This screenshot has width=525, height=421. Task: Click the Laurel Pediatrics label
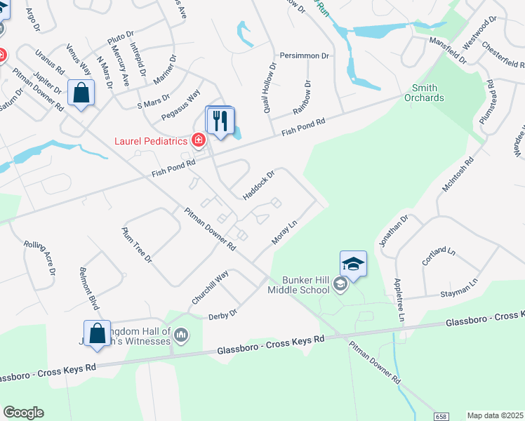pyautogui.click(x=151, y=141)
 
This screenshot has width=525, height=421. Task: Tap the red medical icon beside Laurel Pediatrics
pyautogui.click(x=199, y=141)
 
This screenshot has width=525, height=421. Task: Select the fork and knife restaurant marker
pyautogui.click(x=220, y=121)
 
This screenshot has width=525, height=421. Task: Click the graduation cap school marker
pyautogui.click(x=354, y=264)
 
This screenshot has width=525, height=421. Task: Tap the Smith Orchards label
pyautogui.click(x=424, y=93)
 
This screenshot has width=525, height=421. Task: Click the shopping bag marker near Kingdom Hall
pyautogui.click(x=97, y=333)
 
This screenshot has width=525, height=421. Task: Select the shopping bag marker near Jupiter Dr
pyautogui.click(x=81, y=93)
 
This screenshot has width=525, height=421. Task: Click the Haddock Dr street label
pyautogui.click(x=258, y=185)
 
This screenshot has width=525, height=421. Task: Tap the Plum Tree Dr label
pyautogui.click(x=137, y=244)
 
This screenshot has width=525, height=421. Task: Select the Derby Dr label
pyautogui.click(x=223, y=314)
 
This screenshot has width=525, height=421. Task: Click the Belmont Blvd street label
pyautogui.click(x=88, y=290)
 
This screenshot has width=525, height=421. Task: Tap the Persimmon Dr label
pyautogui.click(x=304, y=55)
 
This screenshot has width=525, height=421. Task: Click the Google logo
pyautogui.click(x=23, y=413)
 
